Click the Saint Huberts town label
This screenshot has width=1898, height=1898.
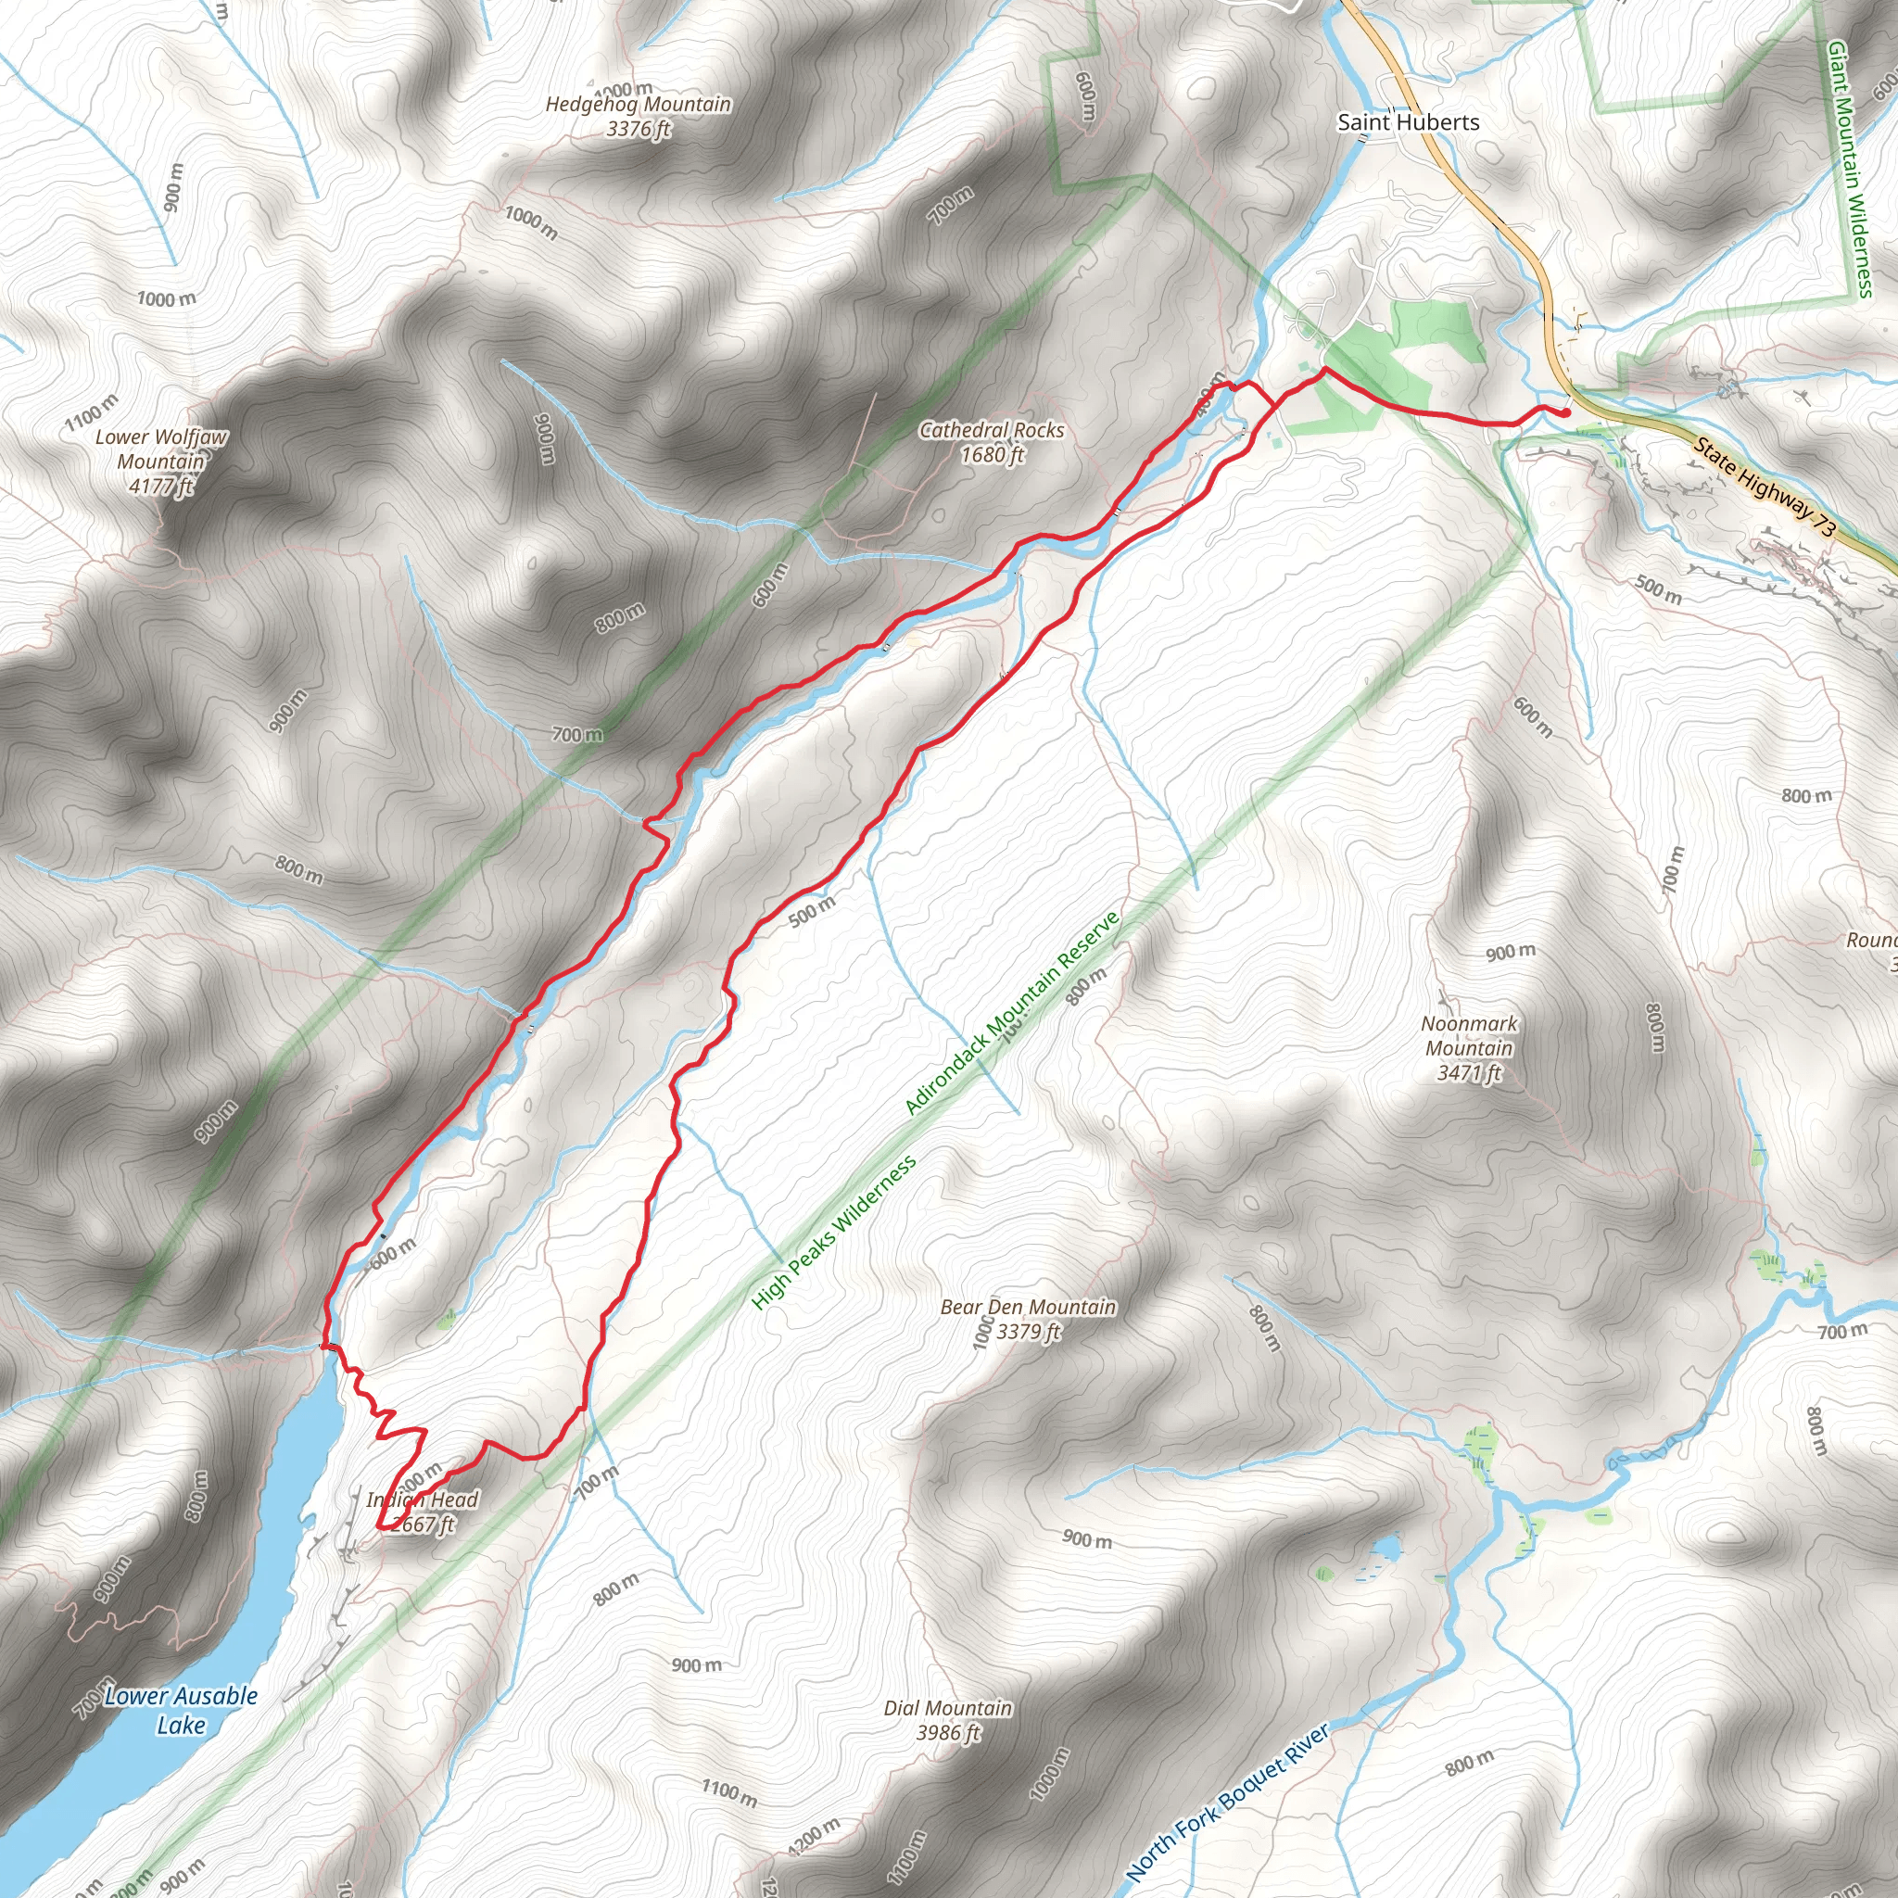(1408, 121)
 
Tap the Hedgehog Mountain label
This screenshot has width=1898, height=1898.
(639, 104)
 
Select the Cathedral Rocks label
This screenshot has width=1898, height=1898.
(992, 430)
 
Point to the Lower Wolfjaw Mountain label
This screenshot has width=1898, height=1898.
(161, 449)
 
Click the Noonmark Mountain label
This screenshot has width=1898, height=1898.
(1469, 1035)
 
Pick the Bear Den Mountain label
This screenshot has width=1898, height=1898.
(1028, 1307)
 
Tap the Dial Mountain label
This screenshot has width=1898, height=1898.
(947, 1707)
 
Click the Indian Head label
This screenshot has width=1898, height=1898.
(423, 1499)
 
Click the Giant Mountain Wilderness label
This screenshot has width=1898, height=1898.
(1849, 167)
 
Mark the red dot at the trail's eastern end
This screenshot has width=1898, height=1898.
(1565, 412)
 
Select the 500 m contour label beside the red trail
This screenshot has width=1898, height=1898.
(812, 911)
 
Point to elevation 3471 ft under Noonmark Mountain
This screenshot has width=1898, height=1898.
(1469, 1073)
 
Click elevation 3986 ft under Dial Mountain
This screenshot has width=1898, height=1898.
(947, 1733)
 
